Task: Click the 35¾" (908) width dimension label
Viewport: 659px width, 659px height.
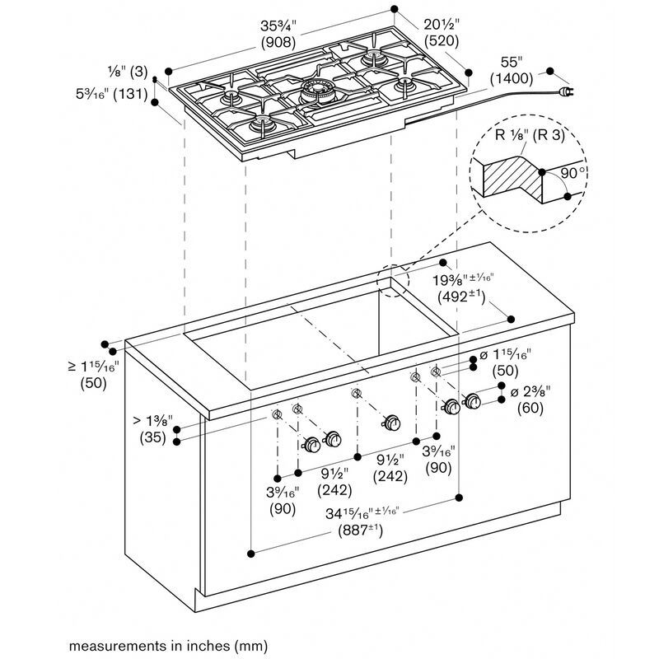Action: [x=278, y=34]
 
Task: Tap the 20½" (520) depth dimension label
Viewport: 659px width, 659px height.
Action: [x=442, y=32]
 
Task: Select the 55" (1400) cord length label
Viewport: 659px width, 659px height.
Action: [x=512, y=70]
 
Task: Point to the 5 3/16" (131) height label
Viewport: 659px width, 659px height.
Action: [x=111, y=94]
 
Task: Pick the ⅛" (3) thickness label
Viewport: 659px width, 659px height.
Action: [x=128, y=72]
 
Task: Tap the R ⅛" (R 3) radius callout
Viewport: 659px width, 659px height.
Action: [x=530, y=135]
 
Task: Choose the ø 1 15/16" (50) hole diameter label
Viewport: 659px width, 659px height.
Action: [x=505, y=362]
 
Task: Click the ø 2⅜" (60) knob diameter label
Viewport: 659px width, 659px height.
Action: [x=530, y=400]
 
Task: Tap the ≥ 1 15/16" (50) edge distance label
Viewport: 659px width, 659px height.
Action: [x=93, y=375]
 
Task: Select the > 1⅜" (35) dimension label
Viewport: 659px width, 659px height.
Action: [x=153, y=429]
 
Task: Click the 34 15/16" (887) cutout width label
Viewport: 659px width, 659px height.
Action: [x=362, y=521]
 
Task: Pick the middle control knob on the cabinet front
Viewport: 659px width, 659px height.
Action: [x=392, y=423]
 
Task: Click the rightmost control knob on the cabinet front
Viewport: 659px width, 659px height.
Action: [x=472, y=401]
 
